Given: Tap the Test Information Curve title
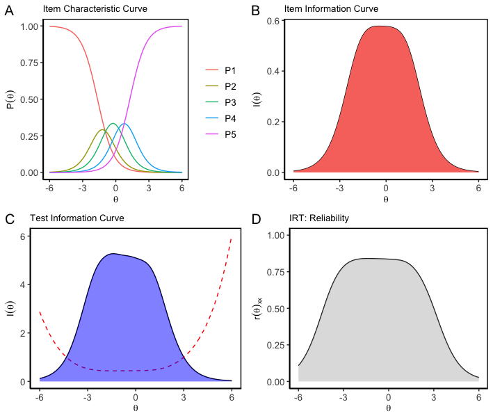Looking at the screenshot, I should (x=76, y=218).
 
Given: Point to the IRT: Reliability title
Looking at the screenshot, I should (x=319, y=218).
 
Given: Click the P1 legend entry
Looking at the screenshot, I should (x=230, y=70).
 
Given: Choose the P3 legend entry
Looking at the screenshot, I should (x=230, y=102).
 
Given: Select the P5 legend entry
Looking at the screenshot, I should (x=230, y=134).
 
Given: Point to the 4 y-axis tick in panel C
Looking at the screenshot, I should (x=24, y=285).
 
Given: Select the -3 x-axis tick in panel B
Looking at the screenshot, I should (x=339, y=188).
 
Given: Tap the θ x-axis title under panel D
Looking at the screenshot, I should (x=388, y=408).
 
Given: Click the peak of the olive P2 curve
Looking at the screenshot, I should (x=102, y=130).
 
